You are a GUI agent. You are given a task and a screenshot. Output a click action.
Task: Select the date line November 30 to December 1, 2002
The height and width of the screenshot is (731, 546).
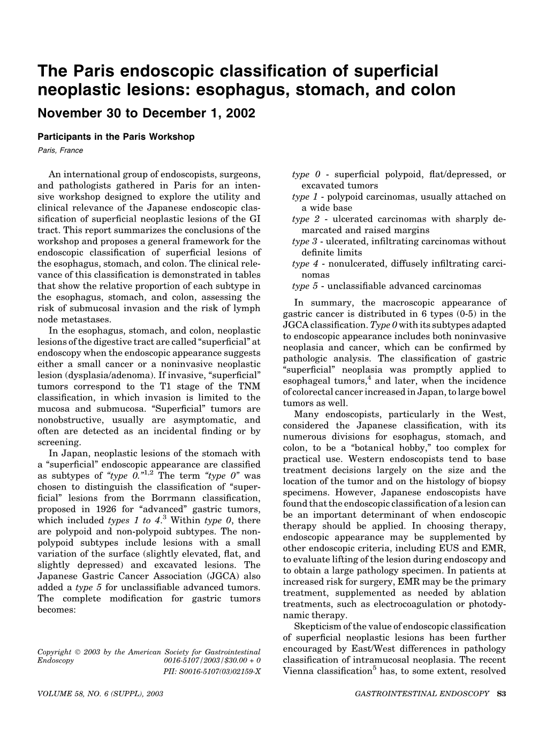pyautogui.click(x=146, y=113)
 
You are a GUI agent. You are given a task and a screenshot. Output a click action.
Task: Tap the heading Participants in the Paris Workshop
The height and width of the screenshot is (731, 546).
pyautogui.click(x=116, y=137)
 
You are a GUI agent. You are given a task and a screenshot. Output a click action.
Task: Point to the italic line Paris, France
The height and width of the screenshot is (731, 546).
pyautogui.click(x=60, y=150)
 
